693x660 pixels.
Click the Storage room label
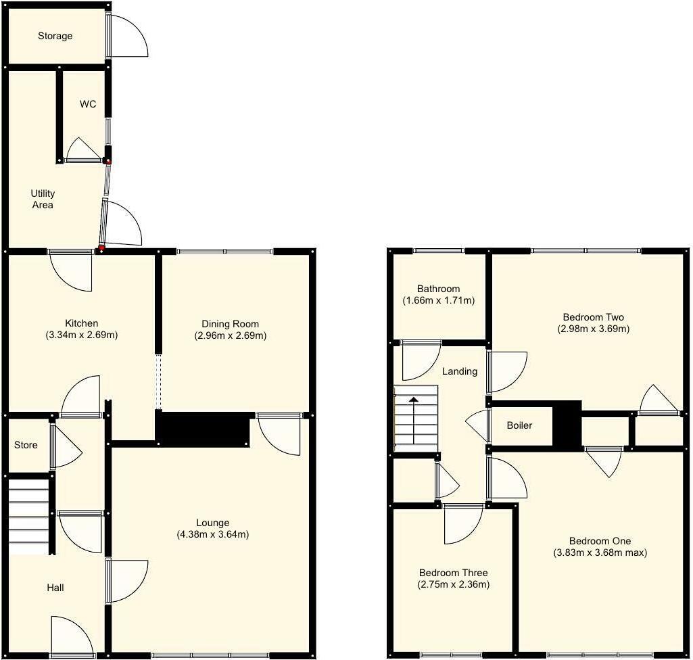coord(55,36)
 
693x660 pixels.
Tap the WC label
coord(88,104)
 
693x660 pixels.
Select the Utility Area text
coord(43,199)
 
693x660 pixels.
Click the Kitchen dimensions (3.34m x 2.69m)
coord(82,335)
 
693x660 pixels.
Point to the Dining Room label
coord(231,324)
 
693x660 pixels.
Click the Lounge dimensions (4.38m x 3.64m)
coord(213,534)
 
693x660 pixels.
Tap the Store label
coord(26,445)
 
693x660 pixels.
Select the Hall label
coord(55,588)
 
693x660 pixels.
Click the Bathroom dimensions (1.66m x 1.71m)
coord(438,300)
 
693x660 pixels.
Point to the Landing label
coord(460,371)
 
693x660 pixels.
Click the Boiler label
coord(519,425)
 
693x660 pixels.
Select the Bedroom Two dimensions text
coord(593,329)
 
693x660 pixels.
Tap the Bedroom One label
coord(600,541)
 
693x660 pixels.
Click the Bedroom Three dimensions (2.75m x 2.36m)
coord(453,584)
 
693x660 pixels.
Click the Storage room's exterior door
coord(126,36)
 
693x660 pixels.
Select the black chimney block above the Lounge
coord(203,429)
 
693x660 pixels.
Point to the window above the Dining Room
coord(225,252)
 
